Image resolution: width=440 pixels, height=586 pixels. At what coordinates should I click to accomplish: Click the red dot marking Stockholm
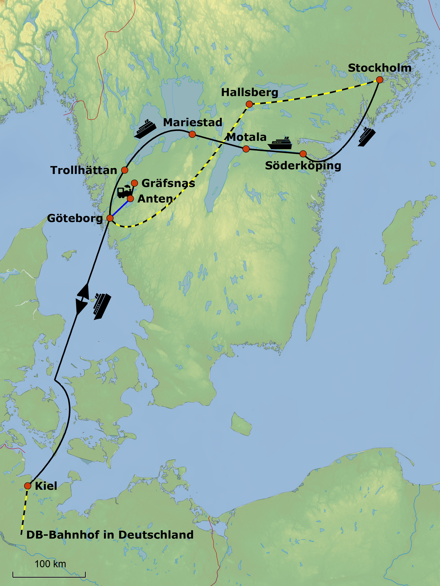(x=379, y=80)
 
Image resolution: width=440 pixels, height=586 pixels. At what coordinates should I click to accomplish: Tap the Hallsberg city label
(x=250, y=92)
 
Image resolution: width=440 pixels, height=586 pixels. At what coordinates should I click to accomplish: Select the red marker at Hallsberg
(x=249, y=104)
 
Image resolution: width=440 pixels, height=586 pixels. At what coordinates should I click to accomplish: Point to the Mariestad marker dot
(x=192, y=134)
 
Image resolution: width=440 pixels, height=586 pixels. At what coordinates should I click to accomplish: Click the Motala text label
(x=246, y=137)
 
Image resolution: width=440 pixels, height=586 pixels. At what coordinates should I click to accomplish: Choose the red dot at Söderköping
(x=303, y=154)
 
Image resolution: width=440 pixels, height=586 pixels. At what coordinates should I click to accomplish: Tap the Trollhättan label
(x=84, y=170)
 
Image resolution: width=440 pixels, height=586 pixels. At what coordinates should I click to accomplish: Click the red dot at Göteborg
(x=110, y=218)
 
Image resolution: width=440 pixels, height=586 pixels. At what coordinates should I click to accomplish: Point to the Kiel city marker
(x=27, y=486)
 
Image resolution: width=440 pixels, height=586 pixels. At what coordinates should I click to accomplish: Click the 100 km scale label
(x=50, y=564)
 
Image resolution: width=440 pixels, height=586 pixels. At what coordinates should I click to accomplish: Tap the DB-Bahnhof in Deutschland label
(x=110, y=535)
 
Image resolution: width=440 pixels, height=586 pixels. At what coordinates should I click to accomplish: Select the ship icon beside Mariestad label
(x=145, y=129)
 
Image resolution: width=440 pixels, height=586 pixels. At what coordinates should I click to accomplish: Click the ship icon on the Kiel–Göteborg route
(x=102, y=306)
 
